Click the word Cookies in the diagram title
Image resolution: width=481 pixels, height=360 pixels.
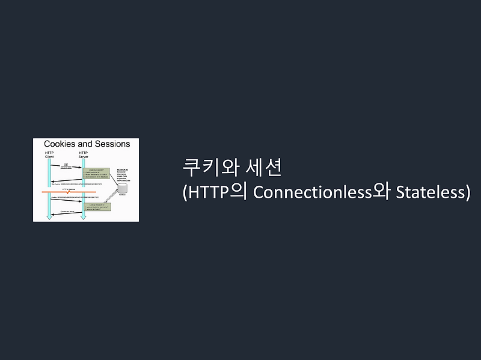(x=60, y=144)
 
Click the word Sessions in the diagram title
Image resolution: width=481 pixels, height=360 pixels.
(x=112, y=144)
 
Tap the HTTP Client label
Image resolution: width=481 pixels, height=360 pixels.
(x=49, y=154)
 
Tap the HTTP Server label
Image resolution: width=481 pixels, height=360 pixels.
(x=84, y=154)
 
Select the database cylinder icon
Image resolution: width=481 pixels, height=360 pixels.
(x=123, y=188)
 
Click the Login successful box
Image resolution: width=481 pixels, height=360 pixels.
(x=99, y=173)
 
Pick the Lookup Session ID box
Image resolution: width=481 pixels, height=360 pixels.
(x=99, y=207)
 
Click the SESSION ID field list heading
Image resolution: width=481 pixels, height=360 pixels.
(x=124, y=162)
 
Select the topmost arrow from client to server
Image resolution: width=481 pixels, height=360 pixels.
(x=66, y=166)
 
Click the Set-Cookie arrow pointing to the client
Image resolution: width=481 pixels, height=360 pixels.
(x=66, y=181)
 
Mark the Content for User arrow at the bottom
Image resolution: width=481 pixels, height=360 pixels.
(x=66, y=213)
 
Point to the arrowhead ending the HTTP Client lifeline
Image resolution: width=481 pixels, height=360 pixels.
(x=49, y=218)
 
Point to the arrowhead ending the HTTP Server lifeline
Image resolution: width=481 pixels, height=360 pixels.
(x=84, y=218)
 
